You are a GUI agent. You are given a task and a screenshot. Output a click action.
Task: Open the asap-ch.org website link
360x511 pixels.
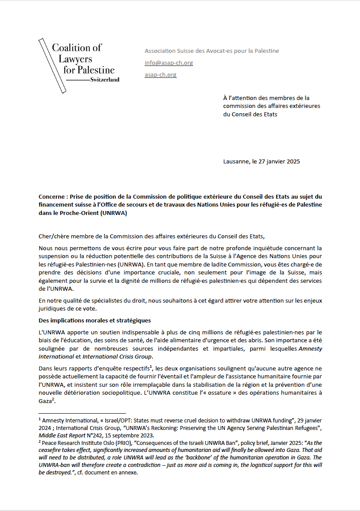pyautogui.click(x=160, y=75)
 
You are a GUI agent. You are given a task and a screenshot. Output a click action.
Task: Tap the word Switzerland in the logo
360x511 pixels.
pyautogui.click(x=104, y=80)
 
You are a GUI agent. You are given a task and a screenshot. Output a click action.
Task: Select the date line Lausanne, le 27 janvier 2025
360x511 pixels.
pyautogui.click(x=261, y=162)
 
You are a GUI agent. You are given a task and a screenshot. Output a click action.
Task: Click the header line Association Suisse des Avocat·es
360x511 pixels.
pyautogui.click(x=212, y=51)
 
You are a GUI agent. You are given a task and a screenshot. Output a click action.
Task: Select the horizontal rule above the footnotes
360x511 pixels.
pyautogui.click(x=76, y=414)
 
